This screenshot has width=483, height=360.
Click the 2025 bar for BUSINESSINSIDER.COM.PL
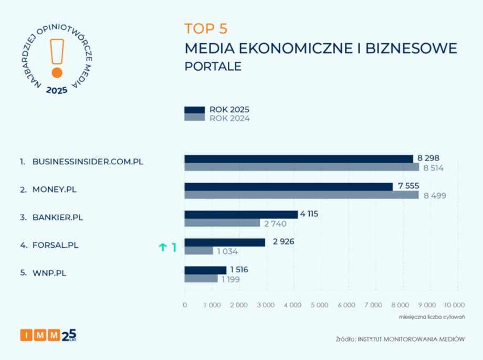(299, 159)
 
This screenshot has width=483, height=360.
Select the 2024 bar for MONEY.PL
(301, 195)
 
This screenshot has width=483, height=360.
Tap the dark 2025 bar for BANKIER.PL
(241, 214)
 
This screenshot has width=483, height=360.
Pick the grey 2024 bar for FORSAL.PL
(198, 251)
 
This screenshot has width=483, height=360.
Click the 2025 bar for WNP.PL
(205, 270)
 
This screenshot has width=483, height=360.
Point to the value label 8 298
(428, 158)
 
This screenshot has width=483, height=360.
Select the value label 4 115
(309, 214)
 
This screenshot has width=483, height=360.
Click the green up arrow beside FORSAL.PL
(163, 248)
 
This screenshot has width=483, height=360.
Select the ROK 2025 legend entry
(216, 110)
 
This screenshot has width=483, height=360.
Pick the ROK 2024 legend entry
(216, 119)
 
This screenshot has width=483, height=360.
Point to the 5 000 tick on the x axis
(319, 305)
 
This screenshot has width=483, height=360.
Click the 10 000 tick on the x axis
(454, 305)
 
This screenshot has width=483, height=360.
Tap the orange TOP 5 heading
(206, 28)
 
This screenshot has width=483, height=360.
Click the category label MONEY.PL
(54, 189)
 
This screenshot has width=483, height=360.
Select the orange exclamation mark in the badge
(57, 58)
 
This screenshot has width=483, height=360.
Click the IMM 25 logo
(48, 335)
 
